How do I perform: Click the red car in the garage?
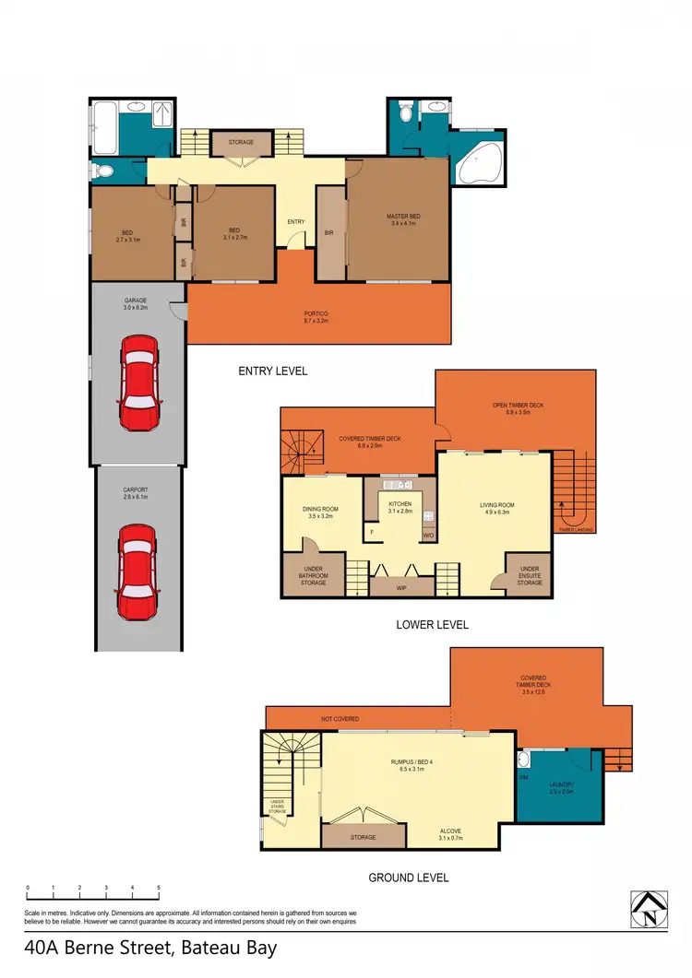[139, 383]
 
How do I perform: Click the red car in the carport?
[137, 572]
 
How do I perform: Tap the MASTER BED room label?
[402, 219]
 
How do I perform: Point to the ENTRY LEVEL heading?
[272, 371]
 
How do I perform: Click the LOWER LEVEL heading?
[432, 624]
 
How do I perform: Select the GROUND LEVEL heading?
[409, 878]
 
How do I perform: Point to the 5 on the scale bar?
[159, 888]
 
